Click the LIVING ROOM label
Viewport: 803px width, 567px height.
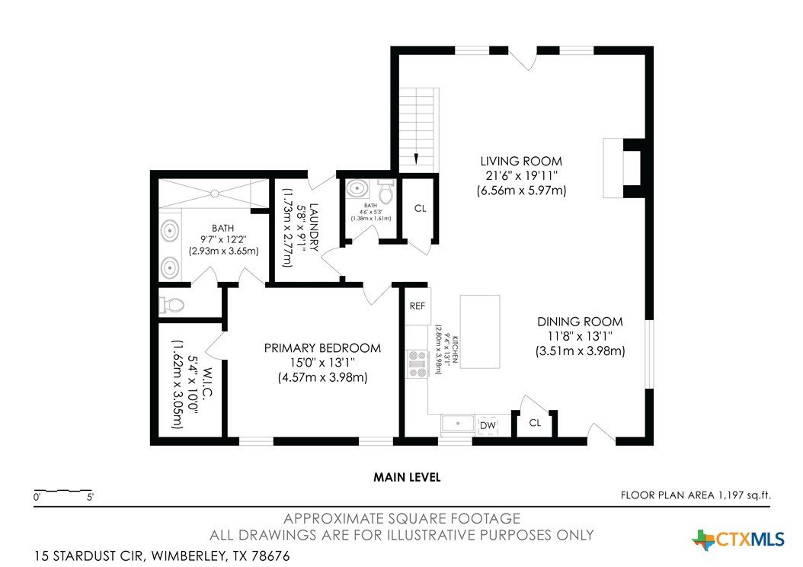point(521,162)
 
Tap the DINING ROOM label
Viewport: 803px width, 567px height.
point(580,322)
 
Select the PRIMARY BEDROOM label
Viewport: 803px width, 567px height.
point(322,348)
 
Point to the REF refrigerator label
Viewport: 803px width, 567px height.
point(417,306)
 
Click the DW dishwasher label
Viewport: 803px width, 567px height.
point(488,425)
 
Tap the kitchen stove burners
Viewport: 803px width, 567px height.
point(417,364)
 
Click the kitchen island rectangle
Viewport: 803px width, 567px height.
point(480,332)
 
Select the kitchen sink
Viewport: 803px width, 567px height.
point(458,424)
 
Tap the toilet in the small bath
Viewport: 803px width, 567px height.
point(385,192)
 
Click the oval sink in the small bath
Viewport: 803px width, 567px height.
point(357,189)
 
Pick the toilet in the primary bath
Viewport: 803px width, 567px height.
point(171,306)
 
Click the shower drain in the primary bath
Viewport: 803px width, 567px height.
point(215,193)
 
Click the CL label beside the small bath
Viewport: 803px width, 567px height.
point(420,209)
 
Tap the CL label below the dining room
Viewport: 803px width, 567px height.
point(535,423)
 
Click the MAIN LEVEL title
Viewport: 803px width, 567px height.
point(407,477)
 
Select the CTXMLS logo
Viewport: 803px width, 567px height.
point(738,540)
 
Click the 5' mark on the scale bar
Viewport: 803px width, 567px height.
point(90,497)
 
